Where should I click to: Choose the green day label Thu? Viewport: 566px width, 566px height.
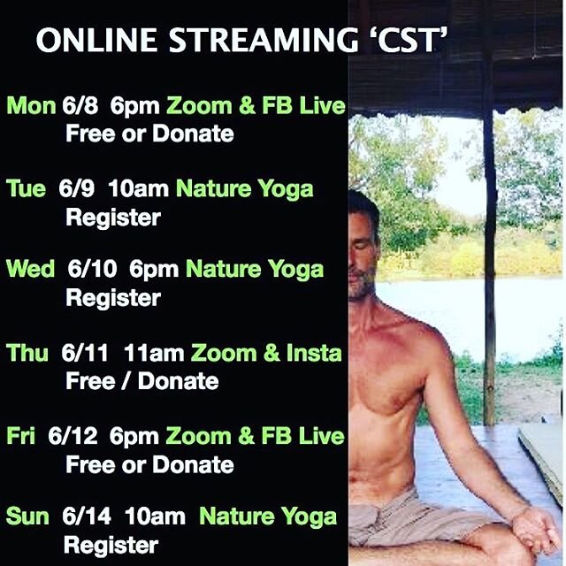pos(27,353)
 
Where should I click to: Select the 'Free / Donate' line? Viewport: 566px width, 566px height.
pos(141,381)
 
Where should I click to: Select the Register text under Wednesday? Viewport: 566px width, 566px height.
pos(112,298)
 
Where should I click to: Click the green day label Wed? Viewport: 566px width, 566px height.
pos(31,270)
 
